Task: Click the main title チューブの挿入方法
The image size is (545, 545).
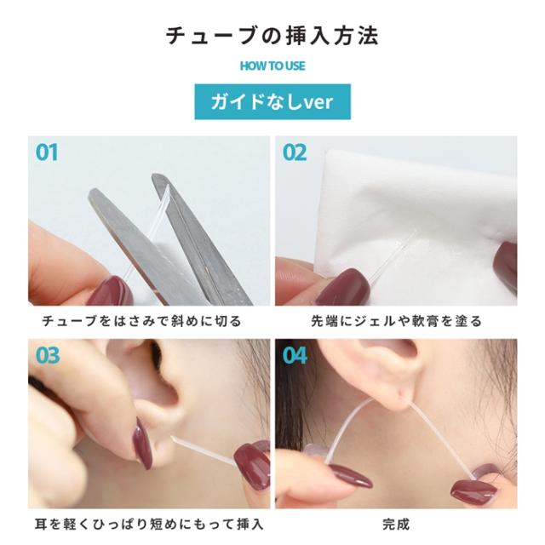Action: (x=272, y=36)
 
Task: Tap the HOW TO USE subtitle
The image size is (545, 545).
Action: (x=272, y=66)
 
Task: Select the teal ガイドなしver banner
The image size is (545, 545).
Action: (x=272, y=102)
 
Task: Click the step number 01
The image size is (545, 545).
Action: (x=47, y=153)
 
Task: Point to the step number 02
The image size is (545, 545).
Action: (x=295, y=153)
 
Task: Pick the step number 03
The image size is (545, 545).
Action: (x=48, y=354)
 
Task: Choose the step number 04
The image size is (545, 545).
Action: (x=295, y=354)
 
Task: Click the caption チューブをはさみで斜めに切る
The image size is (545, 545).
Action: (x=141, y=321)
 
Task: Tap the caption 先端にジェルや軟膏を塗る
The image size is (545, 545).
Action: (x=397, y=321)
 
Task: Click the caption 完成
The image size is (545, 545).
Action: (x=396, y=523)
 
